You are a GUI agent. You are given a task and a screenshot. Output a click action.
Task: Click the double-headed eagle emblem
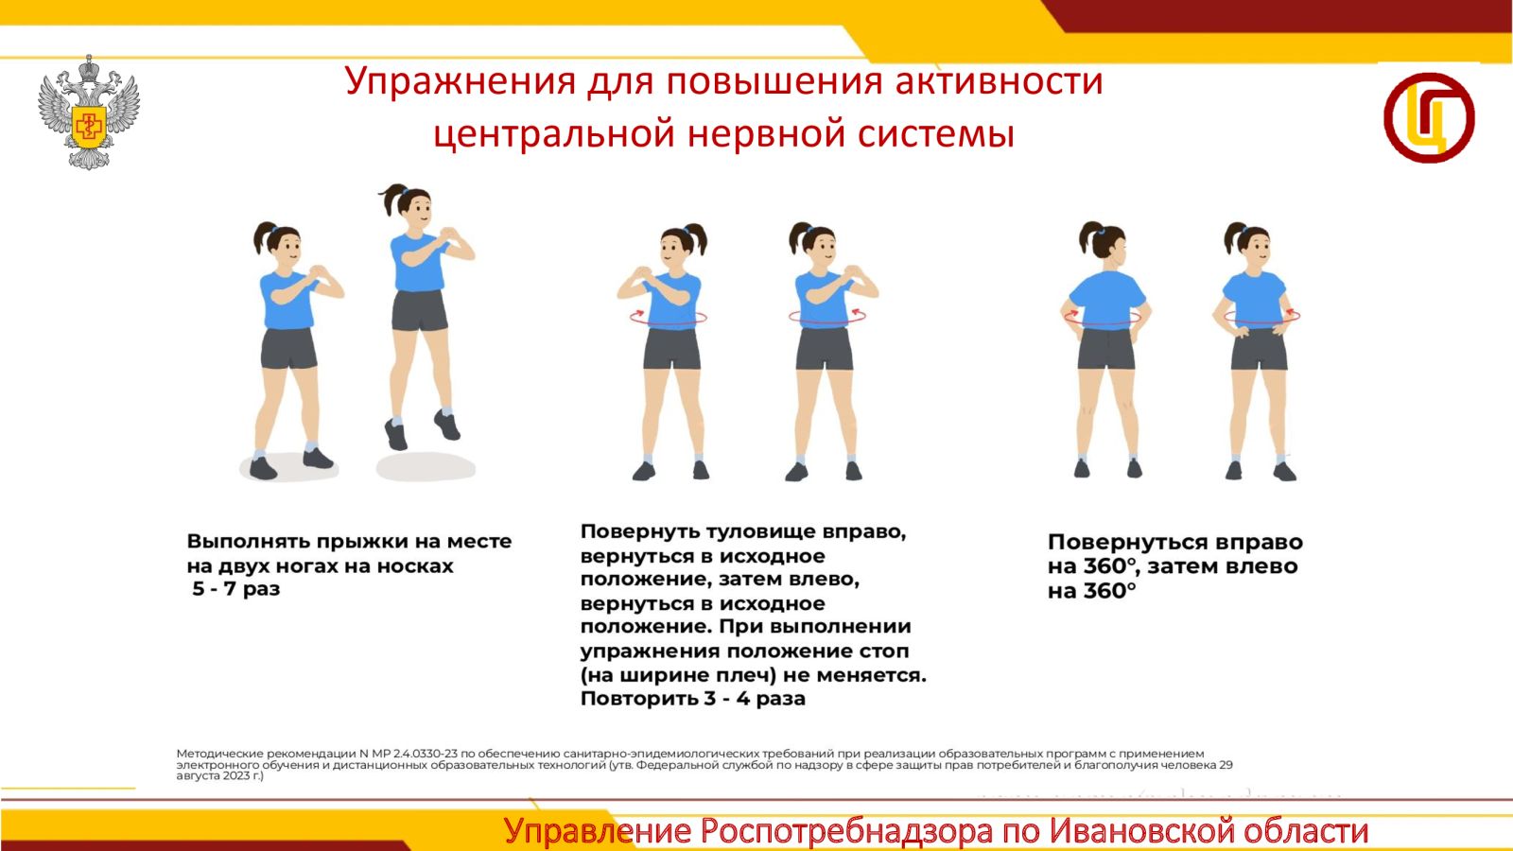[x=89, y=113]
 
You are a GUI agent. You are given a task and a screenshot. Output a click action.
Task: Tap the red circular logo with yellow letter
[x=1429, y=117]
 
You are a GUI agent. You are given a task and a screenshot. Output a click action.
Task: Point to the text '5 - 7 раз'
[x=235, y=588]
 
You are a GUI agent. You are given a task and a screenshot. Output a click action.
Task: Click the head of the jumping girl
[x=409, y=208]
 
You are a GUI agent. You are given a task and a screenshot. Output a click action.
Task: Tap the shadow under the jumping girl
[x=426, y=467]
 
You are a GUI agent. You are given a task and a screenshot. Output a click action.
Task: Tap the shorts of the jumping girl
[x=420, y=311]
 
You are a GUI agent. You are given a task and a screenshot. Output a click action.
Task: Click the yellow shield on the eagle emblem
[x=89, y=126]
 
